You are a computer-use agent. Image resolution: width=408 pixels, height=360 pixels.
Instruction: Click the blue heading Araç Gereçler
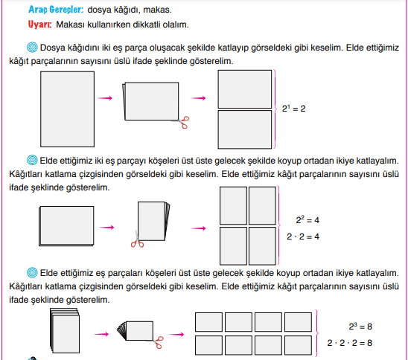tap(56, 10)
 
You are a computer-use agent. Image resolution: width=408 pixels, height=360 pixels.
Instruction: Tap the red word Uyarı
tap(39, 25)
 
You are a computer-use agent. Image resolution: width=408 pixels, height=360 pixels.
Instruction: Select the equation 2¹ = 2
tap(293, 108)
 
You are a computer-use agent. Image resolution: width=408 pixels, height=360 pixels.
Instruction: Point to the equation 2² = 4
tap(307, 220)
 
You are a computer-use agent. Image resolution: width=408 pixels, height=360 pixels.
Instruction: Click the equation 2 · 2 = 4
tap(303, 237)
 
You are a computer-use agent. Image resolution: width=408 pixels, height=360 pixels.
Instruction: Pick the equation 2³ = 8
tap(360, 327)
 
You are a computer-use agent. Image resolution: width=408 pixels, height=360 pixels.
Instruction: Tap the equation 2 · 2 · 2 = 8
tap(349, 343)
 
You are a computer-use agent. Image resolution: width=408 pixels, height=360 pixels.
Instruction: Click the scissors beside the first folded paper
tap(182, 122)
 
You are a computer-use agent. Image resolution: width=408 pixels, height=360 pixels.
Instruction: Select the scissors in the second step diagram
tap(137, 240)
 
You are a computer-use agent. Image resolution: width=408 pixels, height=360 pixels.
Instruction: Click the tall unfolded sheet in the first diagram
tap(68, 109)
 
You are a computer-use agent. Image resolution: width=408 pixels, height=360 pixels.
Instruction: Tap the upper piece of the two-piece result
tap(245, 89)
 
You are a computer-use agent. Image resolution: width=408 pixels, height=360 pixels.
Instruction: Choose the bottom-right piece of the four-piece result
tap(262, 246)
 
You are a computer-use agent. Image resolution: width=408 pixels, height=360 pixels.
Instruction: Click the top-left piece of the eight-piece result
tap(209, 322)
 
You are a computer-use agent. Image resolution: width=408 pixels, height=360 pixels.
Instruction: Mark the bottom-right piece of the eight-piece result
tap(299, 345)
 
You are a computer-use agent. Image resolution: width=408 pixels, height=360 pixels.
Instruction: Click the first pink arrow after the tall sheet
tap(105, 98)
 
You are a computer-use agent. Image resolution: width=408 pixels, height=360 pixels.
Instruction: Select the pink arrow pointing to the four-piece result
tap(199, 228)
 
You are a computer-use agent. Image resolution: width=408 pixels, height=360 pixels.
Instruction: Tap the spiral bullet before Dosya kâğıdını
tap(32, 48)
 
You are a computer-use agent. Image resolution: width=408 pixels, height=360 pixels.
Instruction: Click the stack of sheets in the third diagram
tap(65, 331)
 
